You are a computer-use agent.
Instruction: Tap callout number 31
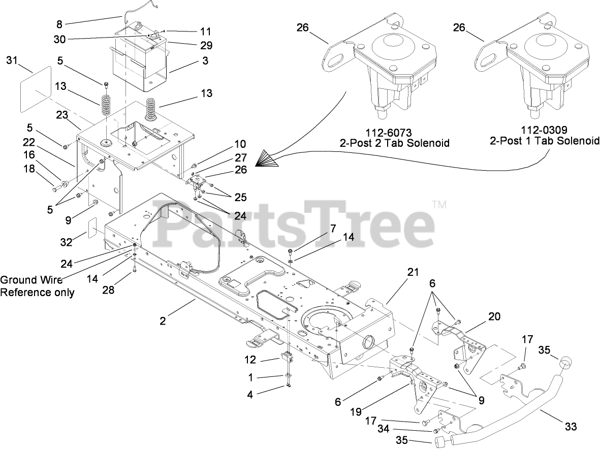12,61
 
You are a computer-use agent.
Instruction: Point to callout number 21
412,272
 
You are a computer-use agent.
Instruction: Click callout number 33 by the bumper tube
571,427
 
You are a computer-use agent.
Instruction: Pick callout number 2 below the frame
163,321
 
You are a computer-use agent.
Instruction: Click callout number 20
494,316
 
